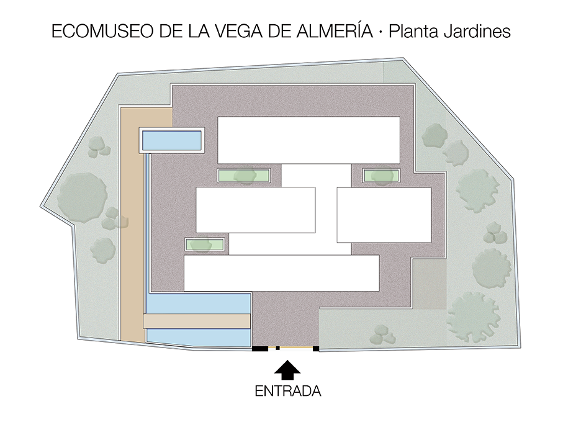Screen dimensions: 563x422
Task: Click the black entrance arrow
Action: tap(287, 370)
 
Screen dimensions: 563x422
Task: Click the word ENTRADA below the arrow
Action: tap(288, 391)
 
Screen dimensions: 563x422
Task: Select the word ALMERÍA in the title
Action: tap(335, 30)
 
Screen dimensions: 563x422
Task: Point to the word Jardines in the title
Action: tap(477, 31)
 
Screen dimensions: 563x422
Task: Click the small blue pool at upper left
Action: tap(171, 140)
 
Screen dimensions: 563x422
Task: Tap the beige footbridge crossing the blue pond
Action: tap(197, 321)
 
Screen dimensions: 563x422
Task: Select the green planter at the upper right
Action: tap(381, 176)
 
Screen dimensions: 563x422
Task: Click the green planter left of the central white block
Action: tap(244, 176)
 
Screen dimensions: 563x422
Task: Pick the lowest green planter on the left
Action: tap(205, 245)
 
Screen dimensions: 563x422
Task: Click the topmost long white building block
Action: tap(309, 140)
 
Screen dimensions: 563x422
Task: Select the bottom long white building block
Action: tap(282, 273)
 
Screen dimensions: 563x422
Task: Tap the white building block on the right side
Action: tap(384, 215)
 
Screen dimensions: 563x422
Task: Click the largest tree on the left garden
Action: tap(83, 197)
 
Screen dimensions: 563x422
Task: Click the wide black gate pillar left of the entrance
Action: tap(260, 348)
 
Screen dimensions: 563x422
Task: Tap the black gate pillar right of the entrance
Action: tap(316, 348)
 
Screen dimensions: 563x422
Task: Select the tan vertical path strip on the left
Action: tap(132, 224)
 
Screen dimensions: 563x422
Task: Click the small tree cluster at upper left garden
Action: tap(99, 147)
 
